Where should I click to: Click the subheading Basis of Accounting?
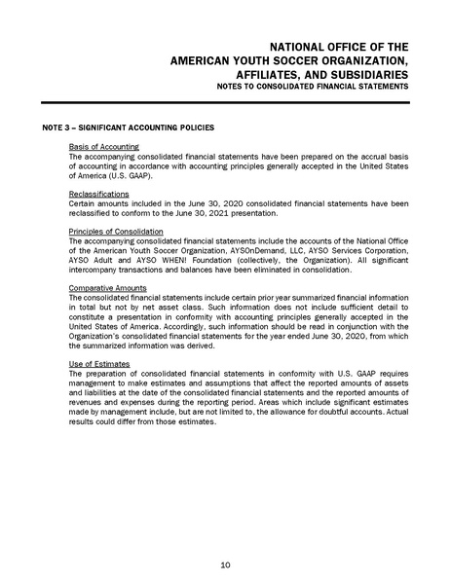[104, 146]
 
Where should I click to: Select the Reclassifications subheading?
[99, 194]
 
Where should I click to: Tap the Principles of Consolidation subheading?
[116, 231]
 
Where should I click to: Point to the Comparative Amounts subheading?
[105, 288]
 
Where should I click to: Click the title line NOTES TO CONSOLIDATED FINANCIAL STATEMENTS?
[314, 88]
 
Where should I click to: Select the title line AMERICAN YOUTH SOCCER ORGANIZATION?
[289, 59]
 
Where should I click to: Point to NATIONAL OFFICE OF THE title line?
[338, 46]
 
